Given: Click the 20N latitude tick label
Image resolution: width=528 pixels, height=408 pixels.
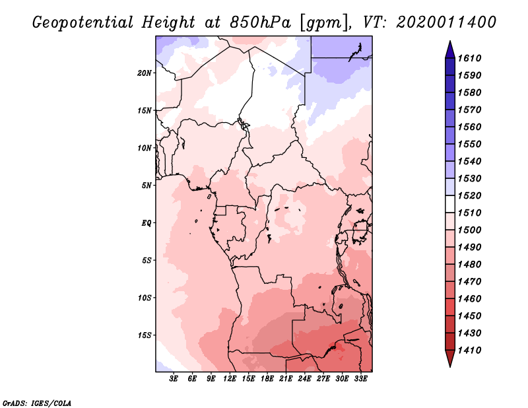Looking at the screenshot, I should point(145,73).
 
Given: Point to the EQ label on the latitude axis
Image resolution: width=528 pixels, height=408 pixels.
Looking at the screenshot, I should point(146,222).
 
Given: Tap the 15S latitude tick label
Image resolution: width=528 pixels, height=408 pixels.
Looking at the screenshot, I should point(145,335).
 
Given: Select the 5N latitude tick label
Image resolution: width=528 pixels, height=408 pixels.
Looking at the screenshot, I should point(147,185).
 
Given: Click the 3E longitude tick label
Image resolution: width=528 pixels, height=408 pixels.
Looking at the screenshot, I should point(174,379).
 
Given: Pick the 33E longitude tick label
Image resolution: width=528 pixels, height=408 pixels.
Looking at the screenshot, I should point(360,379).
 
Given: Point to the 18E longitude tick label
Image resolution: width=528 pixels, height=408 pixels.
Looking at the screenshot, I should point(267,379).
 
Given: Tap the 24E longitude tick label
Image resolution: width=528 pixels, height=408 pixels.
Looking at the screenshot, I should point(305,379).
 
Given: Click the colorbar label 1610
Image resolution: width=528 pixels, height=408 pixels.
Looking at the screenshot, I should point(471,58).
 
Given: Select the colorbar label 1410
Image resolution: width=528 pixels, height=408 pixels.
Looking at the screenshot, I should point(471,350).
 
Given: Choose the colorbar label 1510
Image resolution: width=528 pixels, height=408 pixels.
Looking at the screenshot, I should point(471,213).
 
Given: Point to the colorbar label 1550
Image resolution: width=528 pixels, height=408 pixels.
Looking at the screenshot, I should point(471,144).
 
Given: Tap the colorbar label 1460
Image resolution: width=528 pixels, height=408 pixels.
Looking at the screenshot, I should point(471,298).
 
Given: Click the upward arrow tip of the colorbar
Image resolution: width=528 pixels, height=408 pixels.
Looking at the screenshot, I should point(449,42).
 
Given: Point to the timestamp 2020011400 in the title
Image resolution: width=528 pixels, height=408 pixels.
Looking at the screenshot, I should point(446,22).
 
